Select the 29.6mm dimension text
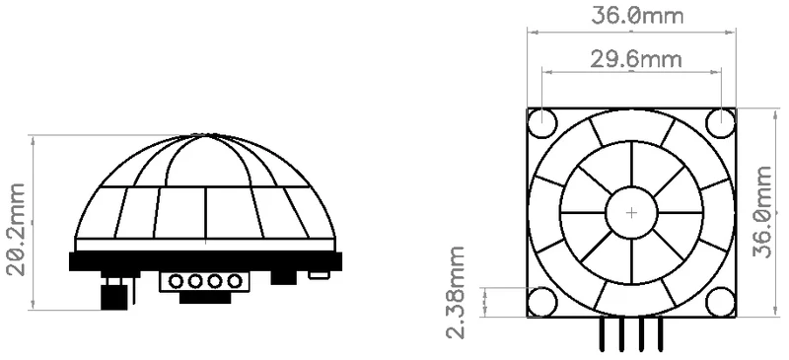[x=636, y=60]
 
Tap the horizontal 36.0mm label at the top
[x=637, y=16]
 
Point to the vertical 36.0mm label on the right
[x=761, y=211]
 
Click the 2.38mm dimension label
[x=455, y=292]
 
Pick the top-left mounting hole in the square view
[x=542, y=123]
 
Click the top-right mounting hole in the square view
[x=721, y=123]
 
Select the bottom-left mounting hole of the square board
[x=542, y=302]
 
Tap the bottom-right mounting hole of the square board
[x=721, y=302]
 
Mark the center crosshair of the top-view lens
[x=631, y=213]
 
